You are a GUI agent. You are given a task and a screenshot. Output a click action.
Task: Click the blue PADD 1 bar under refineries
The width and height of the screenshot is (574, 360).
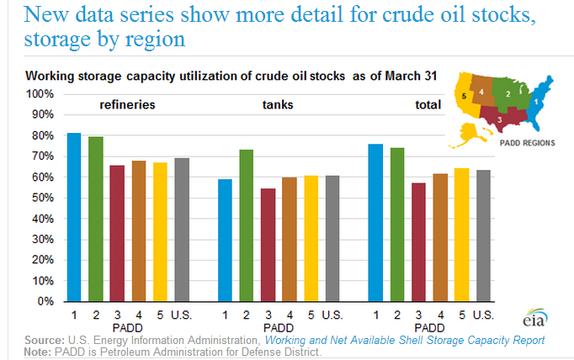pyautogui.click(x=74, y=217)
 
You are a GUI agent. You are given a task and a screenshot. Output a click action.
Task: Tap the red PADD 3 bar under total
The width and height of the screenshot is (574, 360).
pyautogui.click(x=418, y=242)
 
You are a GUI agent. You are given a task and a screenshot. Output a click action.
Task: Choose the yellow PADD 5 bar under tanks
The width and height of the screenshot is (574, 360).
pyautogui.click(x=311, y=238)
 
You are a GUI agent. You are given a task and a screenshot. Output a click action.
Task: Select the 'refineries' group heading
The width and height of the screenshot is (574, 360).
pyautogui.click(x=128, y=106)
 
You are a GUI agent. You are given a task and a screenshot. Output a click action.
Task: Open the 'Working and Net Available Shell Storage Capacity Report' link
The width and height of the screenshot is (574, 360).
pyautogui.click(x=405, y=340)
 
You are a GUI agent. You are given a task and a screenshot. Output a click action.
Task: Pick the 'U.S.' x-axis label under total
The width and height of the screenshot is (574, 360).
pyautogui.click(x=482, y=315)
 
